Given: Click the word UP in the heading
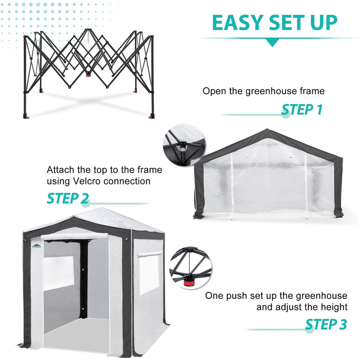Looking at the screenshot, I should pyautogui.click(x=323, y=23).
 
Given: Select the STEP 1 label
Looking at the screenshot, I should pyautogui.click(x=302, y=110).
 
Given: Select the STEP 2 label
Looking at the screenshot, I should pyautogui.click(x=68, y=198).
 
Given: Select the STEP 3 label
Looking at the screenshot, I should pyautogui.click(x=326, y=324).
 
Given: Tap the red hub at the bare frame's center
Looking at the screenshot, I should pyautogui.click(x=88, y=74).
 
